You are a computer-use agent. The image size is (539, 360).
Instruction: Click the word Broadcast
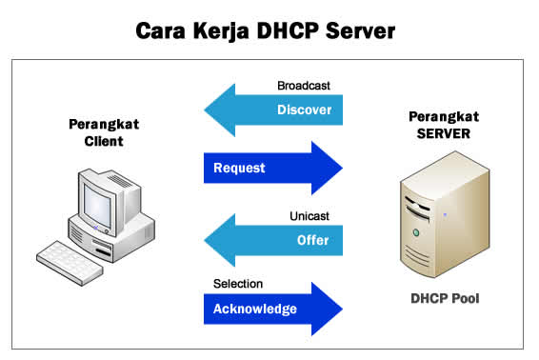[x=305, y=86]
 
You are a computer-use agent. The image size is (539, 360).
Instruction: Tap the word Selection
[x=238, y=284]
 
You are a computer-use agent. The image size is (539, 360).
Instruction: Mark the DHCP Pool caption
[x=446, y=298]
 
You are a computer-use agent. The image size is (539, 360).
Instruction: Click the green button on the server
[x=415, y=232]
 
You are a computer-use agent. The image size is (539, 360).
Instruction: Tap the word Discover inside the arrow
[x=304, y=110]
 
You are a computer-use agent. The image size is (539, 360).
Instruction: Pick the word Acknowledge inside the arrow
[x=254, y=309]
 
